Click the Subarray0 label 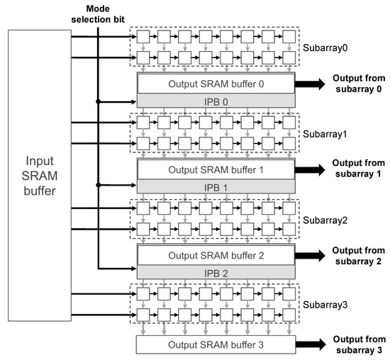pos(324,50)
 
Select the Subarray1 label pos(324,133)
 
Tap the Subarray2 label pos(324,220)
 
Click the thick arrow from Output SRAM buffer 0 pos(309,84)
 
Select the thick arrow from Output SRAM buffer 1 pos(309,170)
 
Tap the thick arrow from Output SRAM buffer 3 pos(309,345)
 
